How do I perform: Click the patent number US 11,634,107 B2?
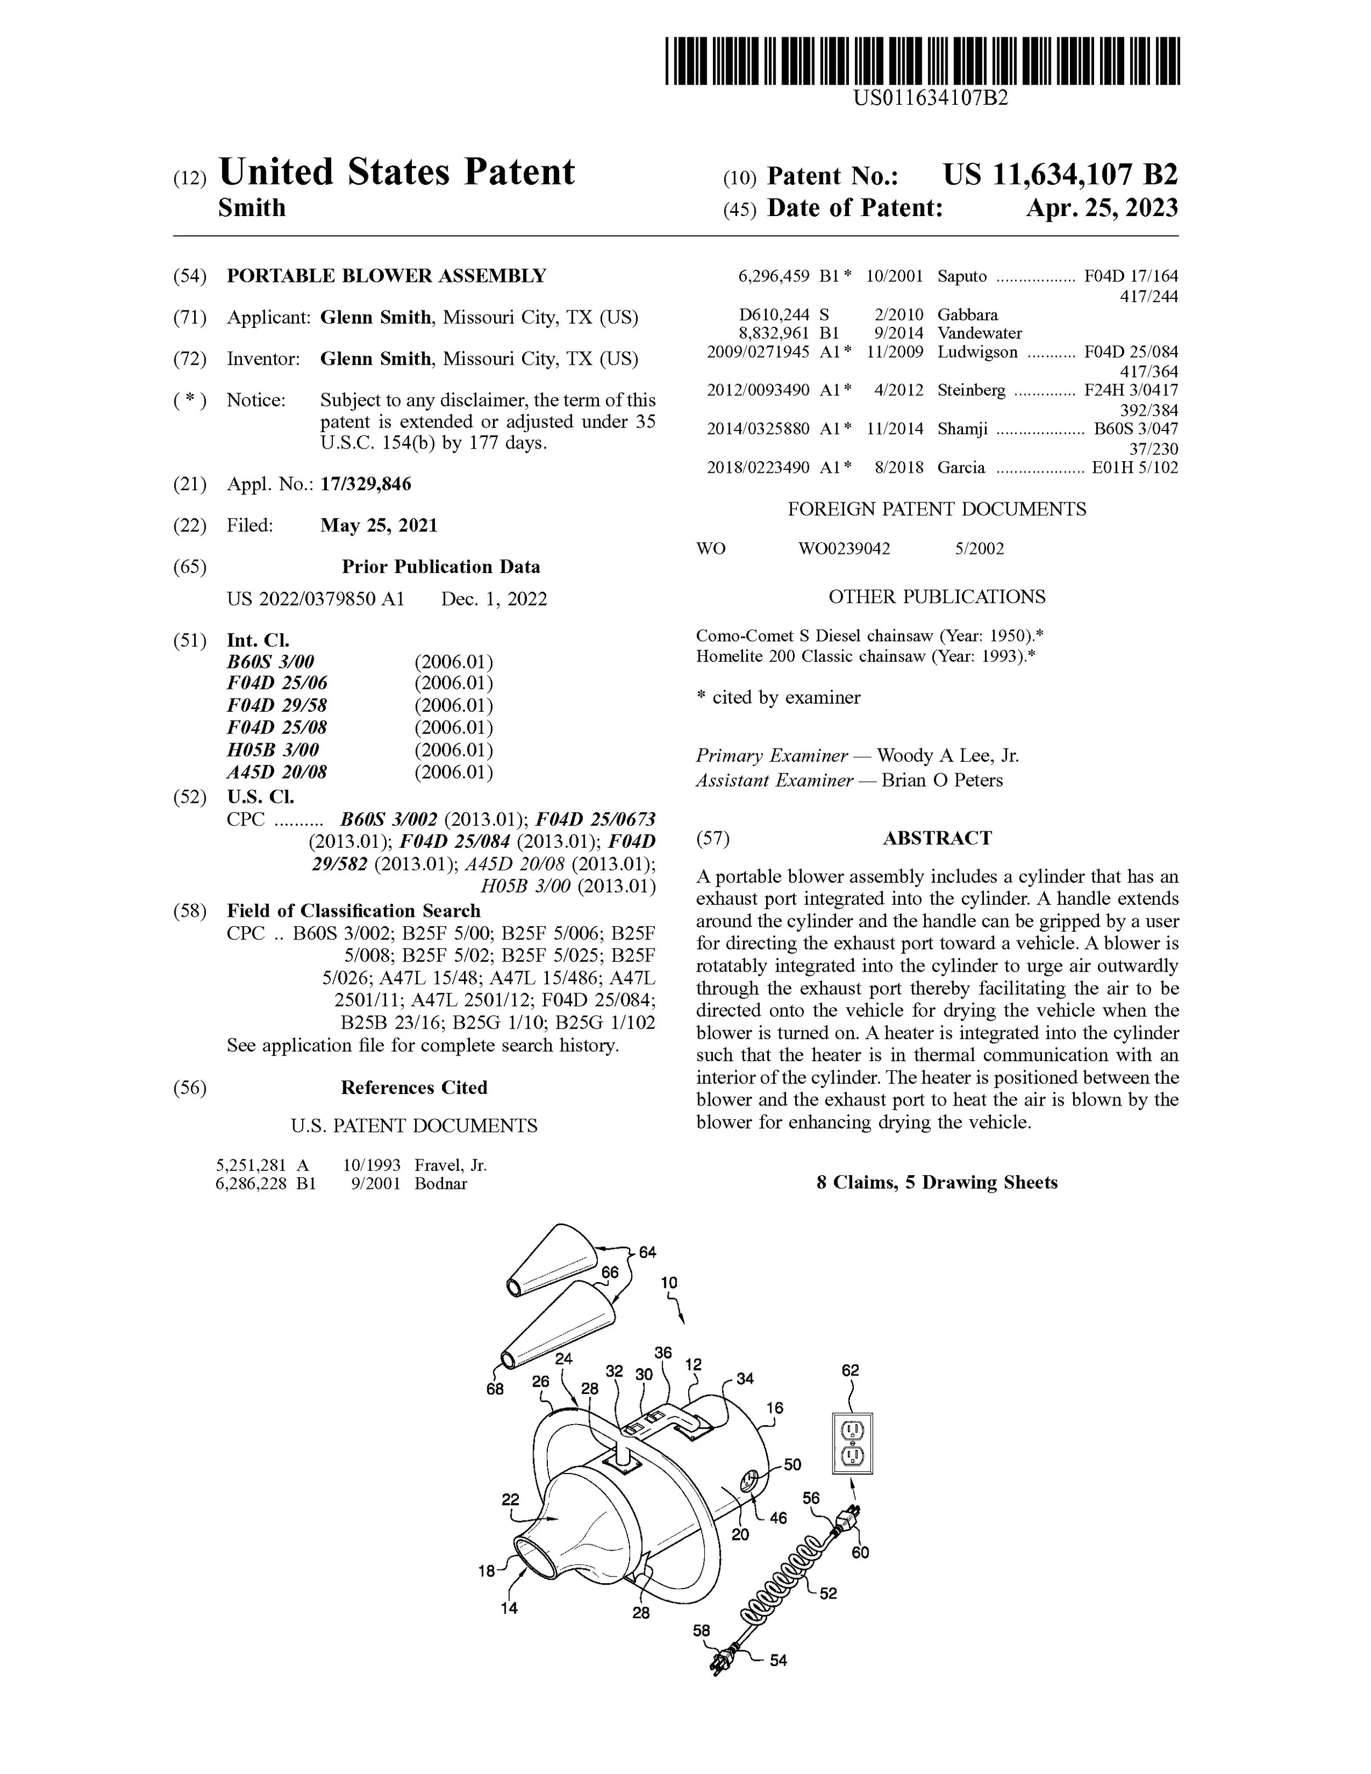[x=1060, y=174]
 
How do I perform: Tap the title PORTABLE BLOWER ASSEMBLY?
[x=387, y=275]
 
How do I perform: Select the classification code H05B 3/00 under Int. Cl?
[x=273, y=750]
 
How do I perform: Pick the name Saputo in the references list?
[x=962, y=276]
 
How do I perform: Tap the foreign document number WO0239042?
[x=844, y=548]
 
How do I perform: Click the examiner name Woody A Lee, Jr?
[x=948, y=756]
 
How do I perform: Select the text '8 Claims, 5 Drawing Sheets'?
[x=937, y=1182]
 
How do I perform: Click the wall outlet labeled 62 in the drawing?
[x=852, y=1443]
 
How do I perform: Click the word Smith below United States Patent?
[x=252, y=208]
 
